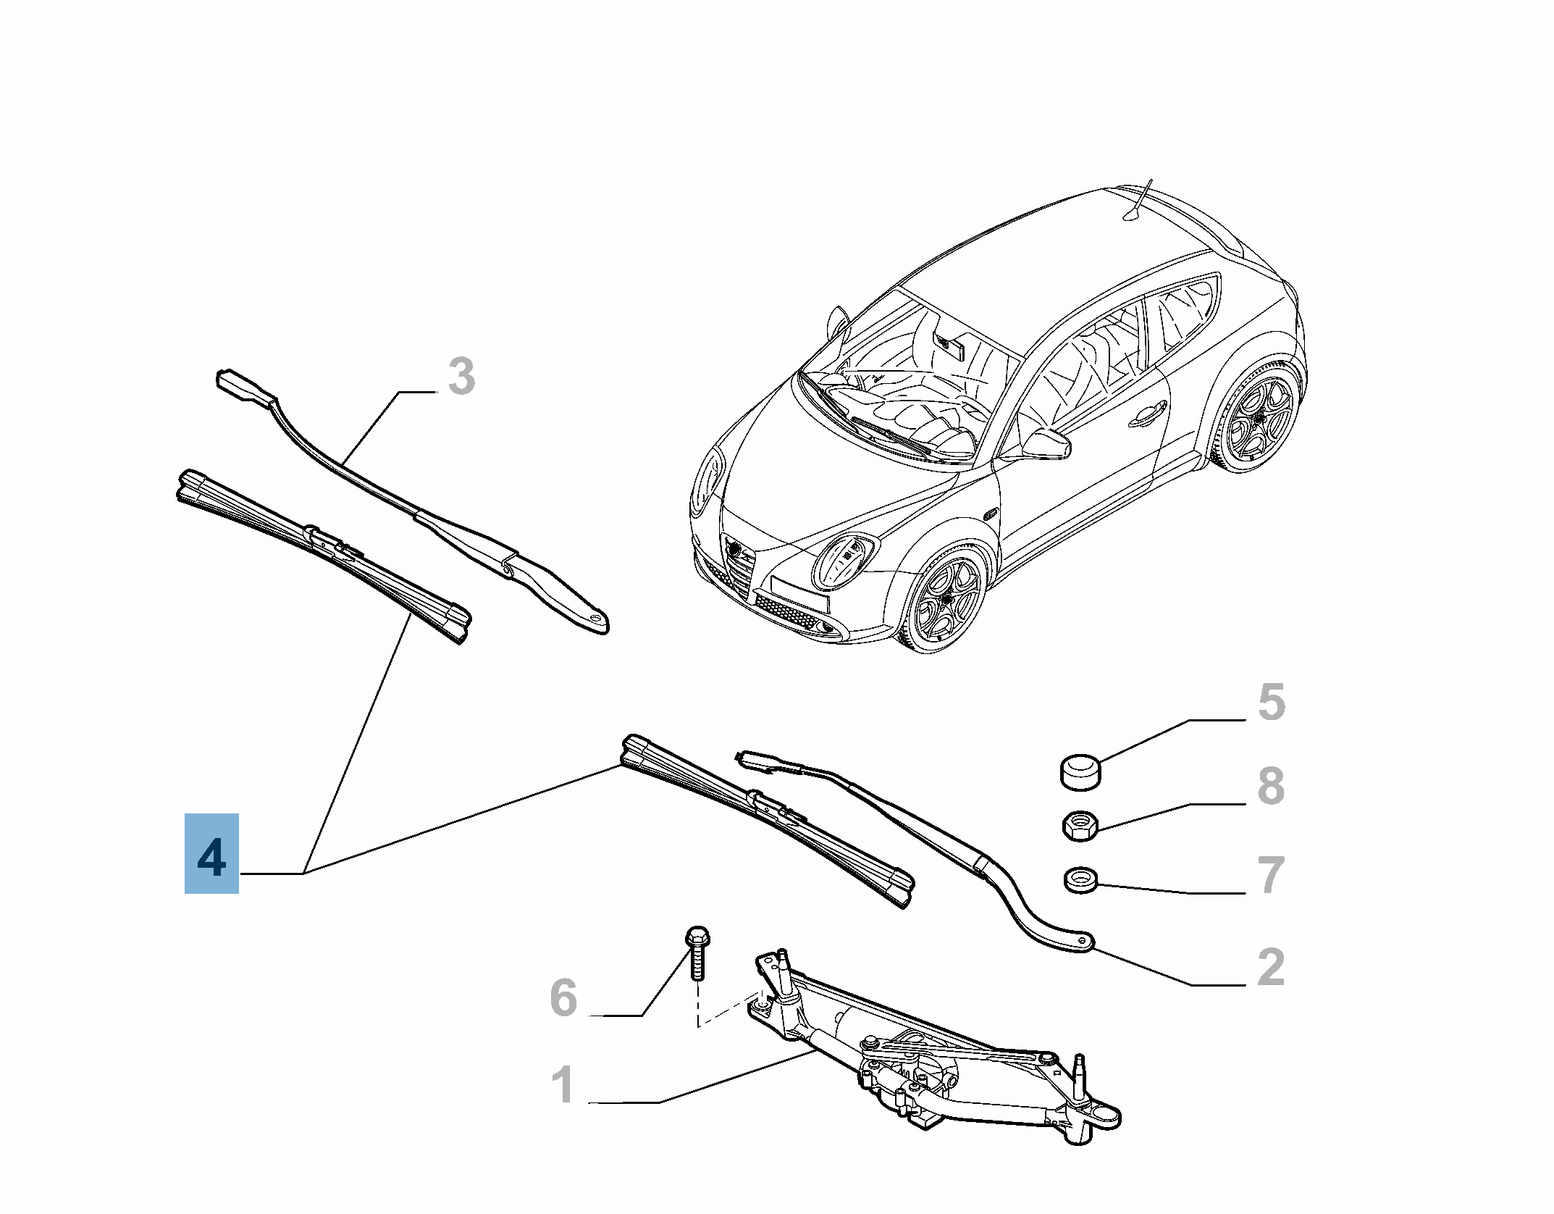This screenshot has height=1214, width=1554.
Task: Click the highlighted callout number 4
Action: tap(211, 853)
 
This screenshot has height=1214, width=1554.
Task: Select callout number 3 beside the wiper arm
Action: tap(461, 377)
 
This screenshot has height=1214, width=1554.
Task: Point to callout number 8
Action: tap(1271, 785)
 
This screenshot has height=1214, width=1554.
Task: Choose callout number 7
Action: tap(1271, 874)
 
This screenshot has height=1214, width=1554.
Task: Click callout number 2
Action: tap(1271, 966)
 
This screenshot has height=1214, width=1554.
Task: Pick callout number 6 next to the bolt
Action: tap(564, 997)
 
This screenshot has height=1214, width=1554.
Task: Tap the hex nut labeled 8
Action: tap(1080, 826)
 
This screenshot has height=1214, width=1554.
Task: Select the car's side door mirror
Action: tap(1046, 443)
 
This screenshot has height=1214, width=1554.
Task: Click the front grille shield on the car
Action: tap(737, 558)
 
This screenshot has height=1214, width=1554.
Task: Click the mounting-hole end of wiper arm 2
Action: tap(1082, 941)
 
